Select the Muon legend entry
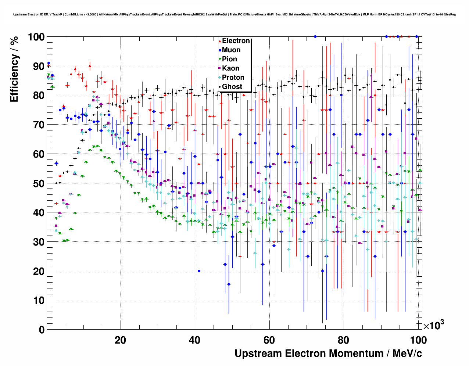click(231, 50)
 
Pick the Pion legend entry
click(229, 59)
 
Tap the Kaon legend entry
click(230, 68)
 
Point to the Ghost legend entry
click(232, 87)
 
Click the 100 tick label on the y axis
click(36, 37)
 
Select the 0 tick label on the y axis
click(42, 330)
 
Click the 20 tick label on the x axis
click(120, 340)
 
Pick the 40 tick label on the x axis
click(195, 340)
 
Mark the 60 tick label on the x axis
click(269, 340)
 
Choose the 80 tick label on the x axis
click(344, 340)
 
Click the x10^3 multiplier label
click(433, 325)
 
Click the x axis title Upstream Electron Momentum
click(328, 354)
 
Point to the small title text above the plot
click(234, 14)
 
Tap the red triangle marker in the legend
click(220, 41)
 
